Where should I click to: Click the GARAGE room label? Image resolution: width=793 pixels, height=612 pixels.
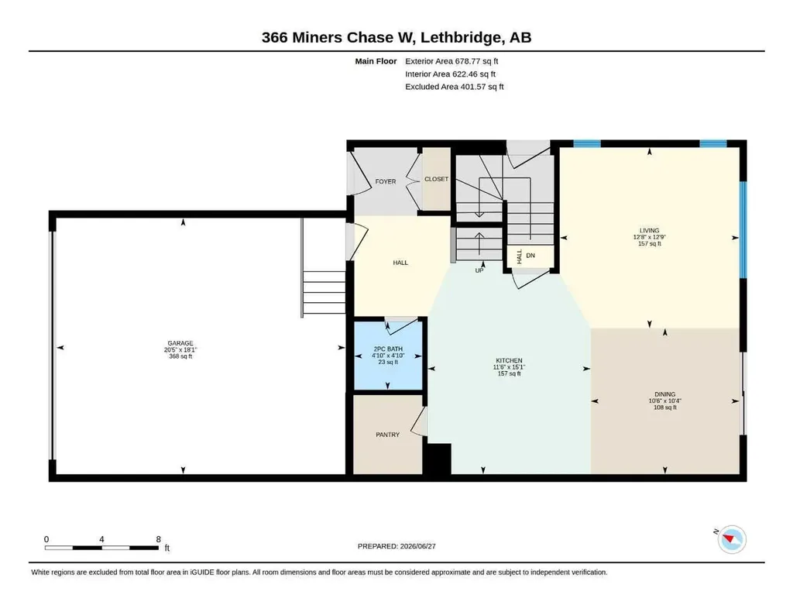[180, 343]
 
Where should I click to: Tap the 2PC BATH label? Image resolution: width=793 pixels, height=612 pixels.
[388, 349]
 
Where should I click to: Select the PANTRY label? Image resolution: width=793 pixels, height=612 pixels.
[387, 435]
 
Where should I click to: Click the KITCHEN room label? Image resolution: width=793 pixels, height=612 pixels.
[509, 361]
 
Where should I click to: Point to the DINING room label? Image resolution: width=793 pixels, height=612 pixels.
[665, 394]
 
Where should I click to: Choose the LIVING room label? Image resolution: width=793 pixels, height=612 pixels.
[650, 230]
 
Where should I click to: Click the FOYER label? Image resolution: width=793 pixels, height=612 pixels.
[386, 181]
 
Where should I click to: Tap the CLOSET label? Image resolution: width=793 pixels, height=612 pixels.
[437, 179]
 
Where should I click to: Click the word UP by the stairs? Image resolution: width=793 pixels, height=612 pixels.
[479, 270]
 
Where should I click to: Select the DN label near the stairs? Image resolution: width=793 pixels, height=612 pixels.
[530, 256]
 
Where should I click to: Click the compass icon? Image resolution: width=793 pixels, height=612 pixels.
[732, 540]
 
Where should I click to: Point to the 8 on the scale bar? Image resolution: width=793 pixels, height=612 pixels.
[158, 539]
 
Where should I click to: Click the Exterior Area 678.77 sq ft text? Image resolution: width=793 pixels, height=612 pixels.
[451, 61]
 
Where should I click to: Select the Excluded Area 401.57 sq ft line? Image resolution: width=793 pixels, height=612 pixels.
[454, 87]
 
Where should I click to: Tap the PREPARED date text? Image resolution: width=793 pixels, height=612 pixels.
[396, 546]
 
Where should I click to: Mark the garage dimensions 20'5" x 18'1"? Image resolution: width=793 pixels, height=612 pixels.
[180, 349]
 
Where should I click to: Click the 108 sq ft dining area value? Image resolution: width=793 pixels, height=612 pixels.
[665, 407]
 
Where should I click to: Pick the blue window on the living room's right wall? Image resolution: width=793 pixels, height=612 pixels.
[743, 229]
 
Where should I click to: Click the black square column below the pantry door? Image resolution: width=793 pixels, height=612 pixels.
[437, 459]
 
